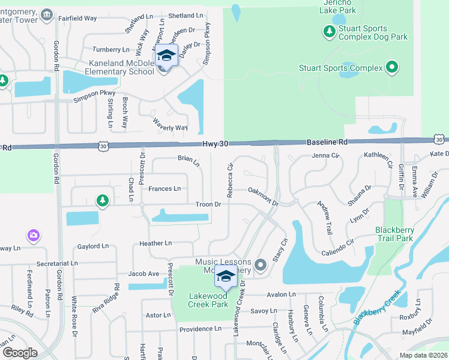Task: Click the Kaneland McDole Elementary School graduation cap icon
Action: coord(166,56)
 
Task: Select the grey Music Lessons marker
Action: coord(260,264)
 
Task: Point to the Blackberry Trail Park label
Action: coord(394,234)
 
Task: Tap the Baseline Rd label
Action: coord(327,142)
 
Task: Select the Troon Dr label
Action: coord(208,205)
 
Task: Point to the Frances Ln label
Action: coord(164,188)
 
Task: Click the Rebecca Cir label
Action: coord(230,181)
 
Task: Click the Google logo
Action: coord(20,352)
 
